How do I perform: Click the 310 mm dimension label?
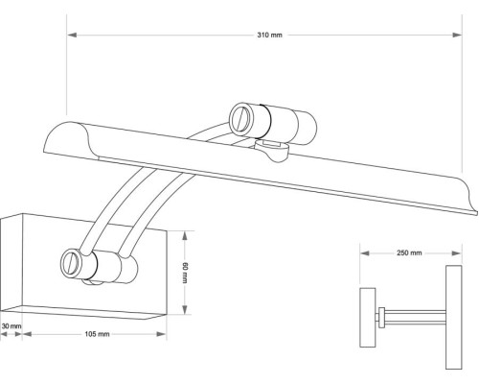(x=270, y=36)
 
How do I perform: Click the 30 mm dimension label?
(x=11, y=326)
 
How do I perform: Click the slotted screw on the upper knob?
(x=239, y=120)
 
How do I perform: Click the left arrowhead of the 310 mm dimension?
(x=68, y=36)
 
